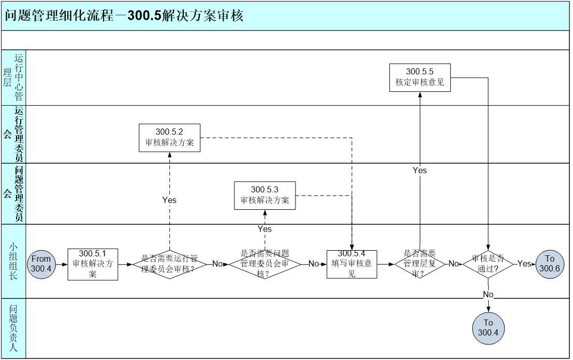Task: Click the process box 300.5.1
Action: [93, 264]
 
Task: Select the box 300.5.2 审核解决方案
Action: [169, 138]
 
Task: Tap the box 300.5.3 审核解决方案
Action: [265, 195]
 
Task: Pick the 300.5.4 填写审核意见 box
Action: [351, 264]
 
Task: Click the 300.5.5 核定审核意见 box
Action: [420, 77]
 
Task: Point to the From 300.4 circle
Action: [41, 264]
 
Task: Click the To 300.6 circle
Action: [549, 264]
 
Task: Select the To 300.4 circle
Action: [488, 328]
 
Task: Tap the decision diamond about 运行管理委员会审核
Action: [170, 264]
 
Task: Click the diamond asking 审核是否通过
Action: [488, 264]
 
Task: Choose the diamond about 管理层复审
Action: [420, 264]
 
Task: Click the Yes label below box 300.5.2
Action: [169, 200]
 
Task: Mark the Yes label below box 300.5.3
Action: [265, 229]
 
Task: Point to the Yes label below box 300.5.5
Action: [420, 170]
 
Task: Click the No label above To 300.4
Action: [488, 295]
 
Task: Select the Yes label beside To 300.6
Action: [524, 264]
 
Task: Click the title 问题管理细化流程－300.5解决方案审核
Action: [124, 16]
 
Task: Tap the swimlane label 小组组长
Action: [13, 262]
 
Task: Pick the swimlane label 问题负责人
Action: [13, 328]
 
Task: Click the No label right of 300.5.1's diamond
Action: [217, 264]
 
